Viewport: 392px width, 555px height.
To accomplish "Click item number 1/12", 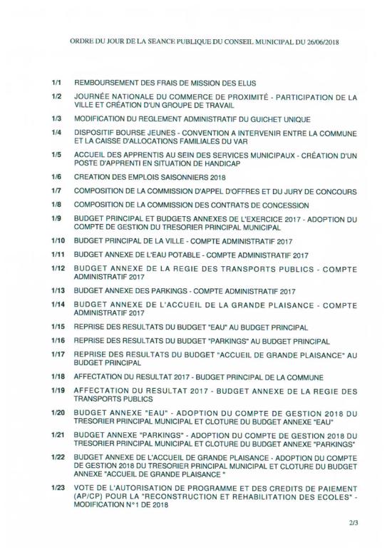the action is [58, 268].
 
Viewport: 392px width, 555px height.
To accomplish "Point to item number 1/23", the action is [58, 487].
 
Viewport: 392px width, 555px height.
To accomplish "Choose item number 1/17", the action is [58, 353].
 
